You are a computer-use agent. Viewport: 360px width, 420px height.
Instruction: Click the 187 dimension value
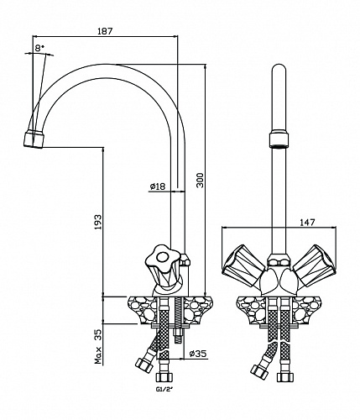pos(105,30)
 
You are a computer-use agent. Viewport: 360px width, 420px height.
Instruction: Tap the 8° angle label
pos(39,48)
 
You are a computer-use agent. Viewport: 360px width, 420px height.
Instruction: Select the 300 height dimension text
pos(201,181)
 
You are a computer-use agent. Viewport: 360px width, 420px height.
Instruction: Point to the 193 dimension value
pos(97,223)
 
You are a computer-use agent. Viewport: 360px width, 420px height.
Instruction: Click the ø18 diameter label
pos(158,186)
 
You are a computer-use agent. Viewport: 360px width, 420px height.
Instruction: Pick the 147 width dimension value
pos(307,223)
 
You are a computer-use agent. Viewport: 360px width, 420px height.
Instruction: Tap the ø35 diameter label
pos(198,354)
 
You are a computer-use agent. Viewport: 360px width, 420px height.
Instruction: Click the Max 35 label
pos(98,346)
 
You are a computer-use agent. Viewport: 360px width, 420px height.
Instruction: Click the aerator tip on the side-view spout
pos(34,139)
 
